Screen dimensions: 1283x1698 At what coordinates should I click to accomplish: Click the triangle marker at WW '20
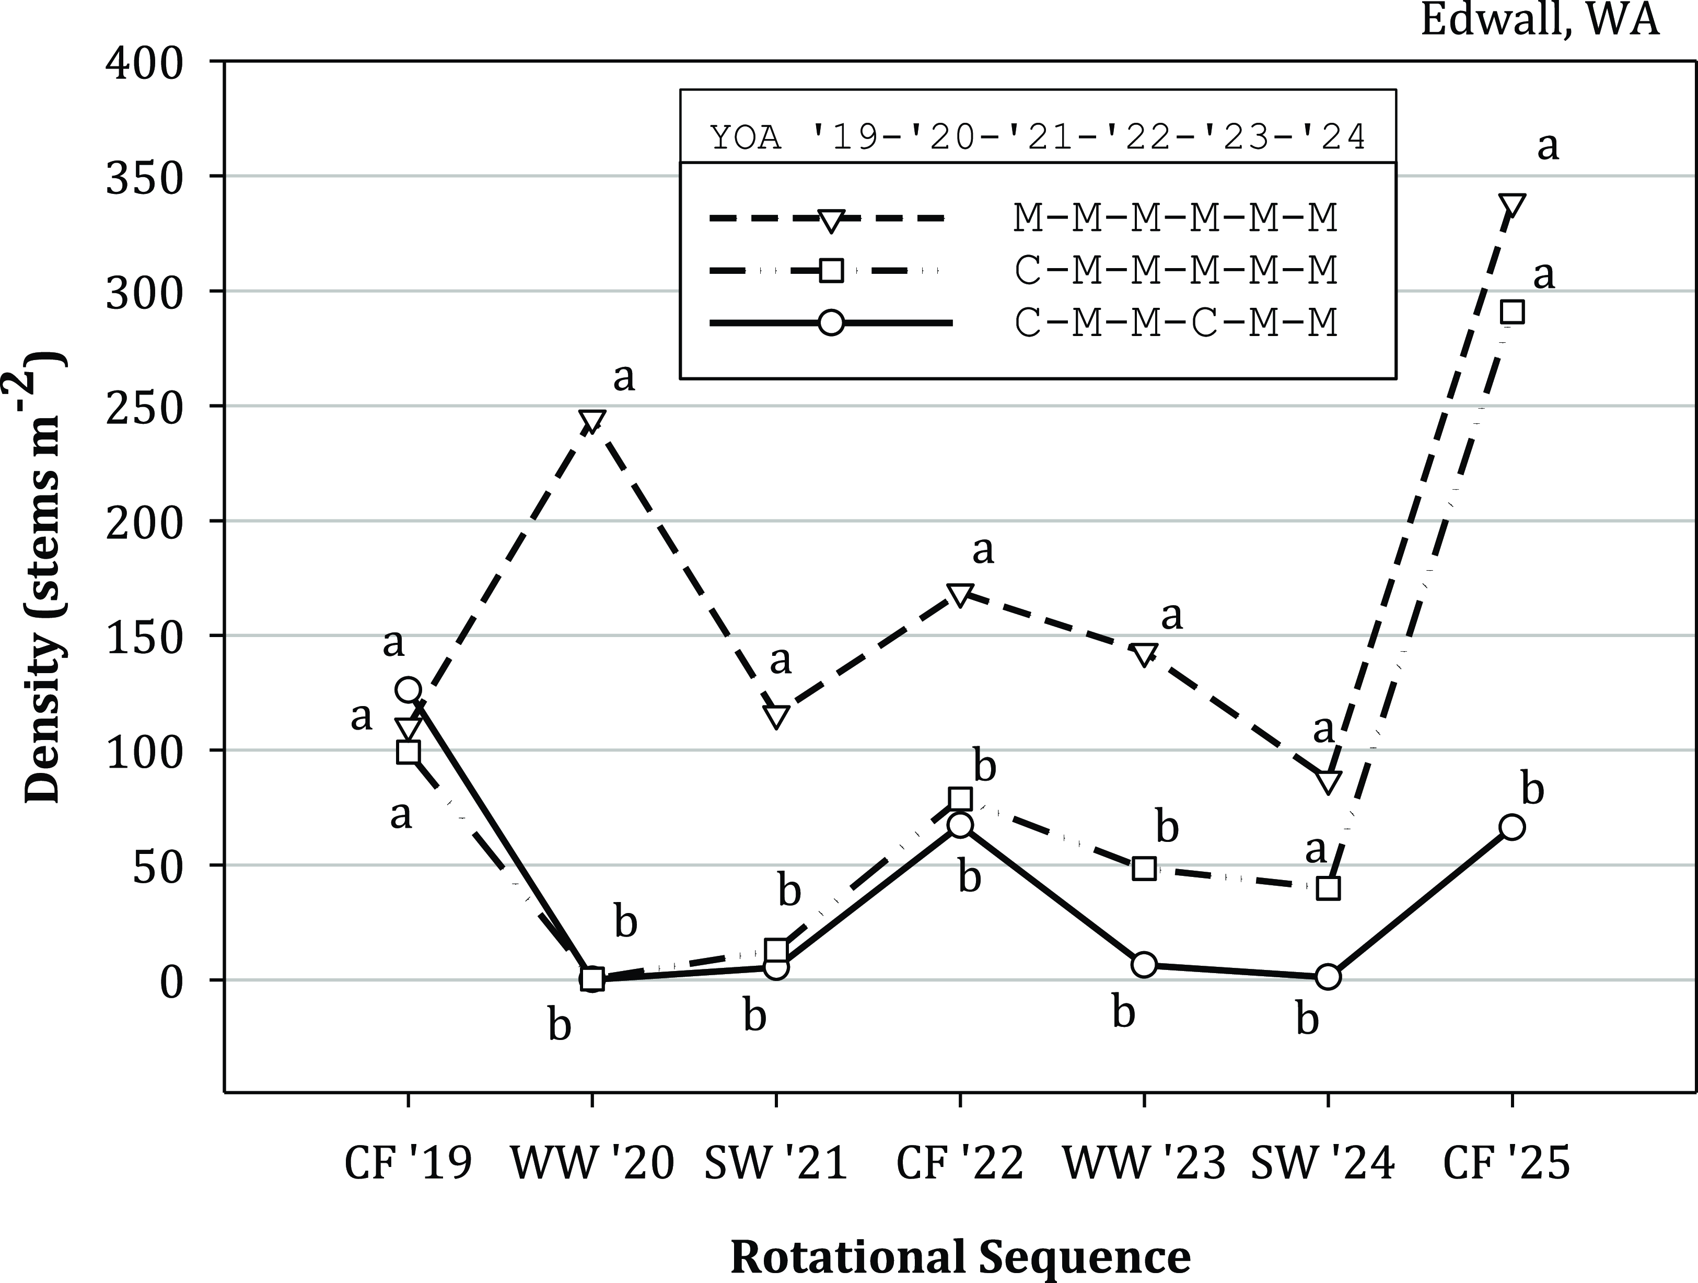pos(592,421)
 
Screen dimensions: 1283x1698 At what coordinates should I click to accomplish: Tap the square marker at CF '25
pos(1512,313)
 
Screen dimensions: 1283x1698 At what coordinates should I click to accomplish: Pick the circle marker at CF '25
pos(1512,828)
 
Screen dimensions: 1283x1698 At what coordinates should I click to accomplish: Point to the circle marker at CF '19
pos(408,689)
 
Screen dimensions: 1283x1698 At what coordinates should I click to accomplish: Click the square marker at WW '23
pos(1144,869)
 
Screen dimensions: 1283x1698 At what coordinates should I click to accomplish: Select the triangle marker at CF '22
pos(960,594)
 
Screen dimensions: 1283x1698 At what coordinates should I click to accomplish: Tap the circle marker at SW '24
pos(1328,977)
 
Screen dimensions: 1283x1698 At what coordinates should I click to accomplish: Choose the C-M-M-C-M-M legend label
pos(1175,323)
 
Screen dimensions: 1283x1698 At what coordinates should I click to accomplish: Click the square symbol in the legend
pos(831,270)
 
